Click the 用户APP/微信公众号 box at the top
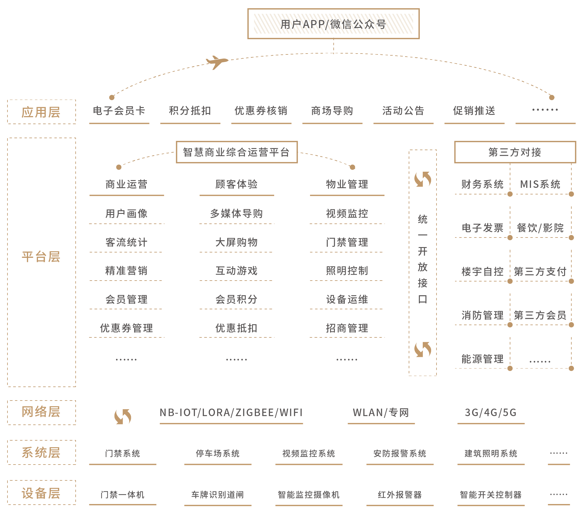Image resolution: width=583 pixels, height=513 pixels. (x=333, y=24)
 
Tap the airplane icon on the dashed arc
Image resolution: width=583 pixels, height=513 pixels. (x=217, y=62)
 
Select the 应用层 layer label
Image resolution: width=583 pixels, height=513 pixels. (x=41, y=112)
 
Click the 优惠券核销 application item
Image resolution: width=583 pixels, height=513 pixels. (x=261, y=111)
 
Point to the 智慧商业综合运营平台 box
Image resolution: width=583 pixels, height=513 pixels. (x=237, y=152)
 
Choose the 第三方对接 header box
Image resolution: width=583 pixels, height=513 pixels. (x=515, y=152)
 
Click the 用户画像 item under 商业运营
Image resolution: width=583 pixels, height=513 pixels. (x=126, y=214)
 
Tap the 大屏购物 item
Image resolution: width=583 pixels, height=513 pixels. (x=236, y=242)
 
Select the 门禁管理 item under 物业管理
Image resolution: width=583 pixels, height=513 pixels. (x=347, y=242)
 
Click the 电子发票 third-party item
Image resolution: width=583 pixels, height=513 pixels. (x=483, y=228)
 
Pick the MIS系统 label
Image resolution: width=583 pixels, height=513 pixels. (x=540, y=184)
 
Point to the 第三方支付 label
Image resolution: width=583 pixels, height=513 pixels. (x=540, y=272)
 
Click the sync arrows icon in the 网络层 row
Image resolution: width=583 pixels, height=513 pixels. (x=123, y=416)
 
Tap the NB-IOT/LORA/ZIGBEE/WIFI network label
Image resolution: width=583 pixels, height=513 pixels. (x=231, y=412)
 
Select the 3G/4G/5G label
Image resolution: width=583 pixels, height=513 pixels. (x=491, y=412)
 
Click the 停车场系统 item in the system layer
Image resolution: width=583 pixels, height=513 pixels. (x=218, y=453)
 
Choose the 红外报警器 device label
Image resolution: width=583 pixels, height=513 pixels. (x=400, y=495)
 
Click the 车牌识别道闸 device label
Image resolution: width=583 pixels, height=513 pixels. (x=218, y=495)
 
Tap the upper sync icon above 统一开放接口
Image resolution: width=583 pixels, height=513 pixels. (x=423, y=179)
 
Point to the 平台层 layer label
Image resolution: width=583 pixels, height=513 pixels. (x=41, y=257)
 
